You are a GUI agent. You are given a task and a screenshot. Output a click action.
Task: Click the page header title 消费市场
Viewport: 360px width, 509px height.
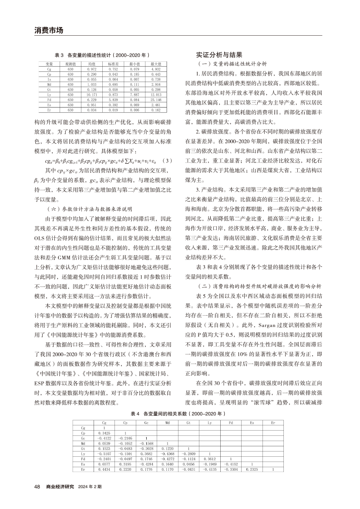[x=49, y=30]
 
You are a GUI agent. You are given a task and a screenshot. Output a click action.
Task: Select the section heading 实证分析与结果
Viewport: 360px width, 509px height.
[x=219, y=56]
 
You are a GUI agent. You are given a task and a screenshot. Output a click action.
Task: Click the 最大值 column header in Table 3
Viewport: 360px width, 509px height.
[x=155, y=64]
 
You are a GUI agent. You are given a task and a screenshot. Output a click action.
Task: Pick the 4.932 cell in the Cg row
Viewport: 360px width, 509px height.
[x=155, y=69]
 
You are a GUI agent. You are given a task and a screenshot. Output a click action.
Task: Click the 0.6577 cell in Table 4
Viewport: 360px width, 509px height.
[x=104, y=464]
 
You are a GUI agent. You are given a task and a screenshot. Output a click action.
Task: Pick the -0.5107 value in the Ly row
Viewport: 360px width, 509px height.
[x=104, y=454]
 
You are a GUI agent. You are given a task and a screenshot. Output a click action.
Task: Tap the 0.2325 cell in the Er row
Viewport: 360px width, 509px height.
[x=251, y=469]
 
